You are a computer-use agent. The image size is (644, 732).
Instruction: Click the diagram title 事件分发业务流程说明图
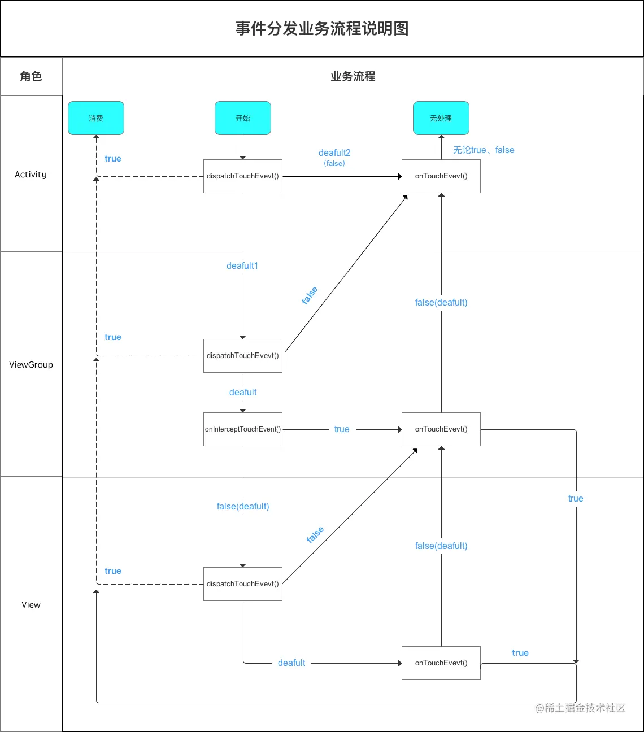322,28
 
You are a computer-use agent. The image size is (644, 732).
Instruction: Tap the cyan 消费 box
96,118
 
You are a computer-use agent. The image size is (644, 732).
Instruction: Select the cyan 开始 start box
243,118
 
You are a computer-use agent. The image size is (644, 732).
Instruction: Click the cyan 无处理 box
441,118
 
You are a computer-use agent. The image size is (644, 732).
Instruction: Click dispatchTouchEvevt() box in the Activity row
243,176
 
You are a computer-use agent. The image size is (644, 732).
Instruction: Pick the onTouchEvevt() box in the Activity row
441,176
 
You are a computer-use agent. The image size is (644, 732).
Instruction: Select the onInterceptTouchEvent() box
243,429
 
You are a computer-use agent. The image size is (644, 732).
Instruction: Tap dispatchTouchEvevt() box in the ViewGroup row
243,356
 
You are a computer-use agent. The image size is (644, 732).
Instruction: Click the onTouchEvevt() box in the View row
441,663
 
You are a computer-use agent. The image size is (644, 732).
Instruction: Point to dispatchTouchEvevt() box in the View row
243,584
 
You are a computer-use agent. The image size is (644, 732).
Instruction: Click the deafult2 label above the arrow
334,152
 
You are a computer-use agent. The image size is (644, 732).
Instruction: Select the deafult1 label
242,265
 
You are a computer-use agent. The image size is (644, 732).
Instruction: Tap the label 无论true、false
484,150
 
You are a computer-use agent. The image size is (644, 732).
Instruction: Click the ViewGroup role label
31,365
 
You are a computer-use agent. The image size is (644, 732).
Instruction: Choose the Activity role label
31,175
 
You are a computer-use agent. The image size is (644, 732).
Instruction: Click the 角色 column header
31,76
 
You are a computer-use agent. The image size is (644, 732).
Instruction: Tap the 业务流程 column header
353,76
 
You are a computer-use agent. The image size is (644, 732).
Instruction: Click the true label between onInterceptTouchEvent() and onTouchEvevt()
342,429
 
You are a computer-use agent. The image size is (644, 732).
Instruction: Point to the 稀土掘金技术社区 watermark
581,708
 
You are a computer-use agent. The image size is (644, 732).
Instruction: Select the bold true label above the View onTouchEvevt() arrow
520,653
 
